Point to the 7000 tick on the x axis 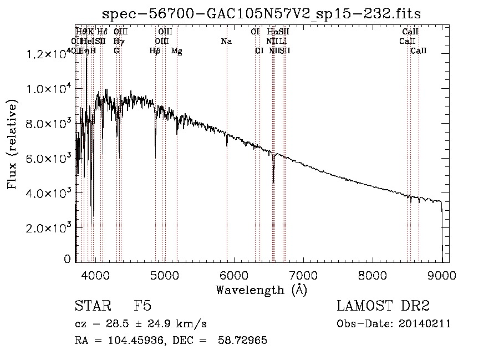(303, 274)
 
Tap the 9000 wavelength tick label (441, 274)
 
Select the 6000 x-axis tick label (233, 274)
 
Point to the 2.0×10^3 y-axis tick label (48, 227)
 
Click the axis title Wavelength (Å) (261, 290)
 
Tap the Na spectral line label (226, 42)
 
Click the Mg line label (176, 51)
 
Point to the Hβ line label (155, 51)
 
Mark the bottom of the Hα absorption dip (273, 181)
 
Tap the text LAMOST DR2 (383, 306)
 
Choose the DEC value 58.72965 (244, 341)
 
